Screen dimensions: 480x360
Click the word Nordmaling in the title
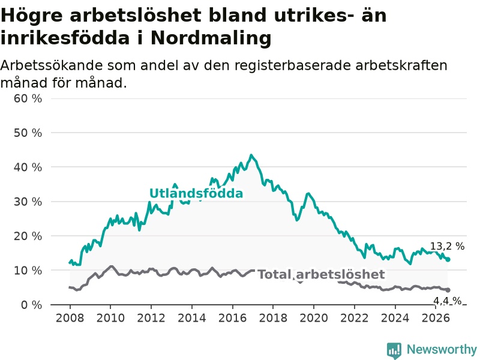coord(211,38)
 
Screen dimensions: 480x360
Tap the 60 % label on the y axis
coord(28,98)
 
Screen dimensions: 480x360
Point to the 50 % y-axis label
coord(28,133)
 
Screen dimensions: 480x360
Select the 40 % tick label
coord(28,167)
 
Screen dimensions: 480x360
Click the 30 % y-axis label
coord(28,202)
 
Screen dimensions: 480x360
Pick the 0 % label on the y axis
coord(32,305)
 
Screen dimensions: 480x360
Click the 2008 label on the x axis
coord(70,318)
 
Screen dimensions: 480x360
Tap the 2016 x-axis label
coord(232,318)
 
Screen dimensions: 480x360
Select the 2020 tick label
coord(314,318)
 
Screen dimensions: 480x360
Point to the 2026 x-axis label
coord(436,318)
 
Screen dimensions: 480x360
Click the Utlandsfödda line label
coord(196,193)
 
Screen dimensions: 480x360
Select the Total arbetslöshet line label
coord(321,274)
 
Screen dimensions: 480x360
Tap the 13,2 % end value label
coord(447,246)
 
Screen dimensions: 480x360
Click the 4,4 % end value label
coord(447,301)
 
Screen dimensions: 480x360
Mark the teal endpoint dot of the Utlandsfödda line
coord(448,260)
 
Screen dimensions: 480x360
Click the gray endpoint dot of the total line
coord(448,290)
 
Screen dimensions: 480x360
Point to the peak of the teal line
coord(251,155)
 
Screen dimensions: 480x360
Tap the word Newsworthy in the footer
coord(442,349)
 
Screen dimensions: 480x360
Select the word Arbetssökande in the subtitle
coord(51,65)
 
